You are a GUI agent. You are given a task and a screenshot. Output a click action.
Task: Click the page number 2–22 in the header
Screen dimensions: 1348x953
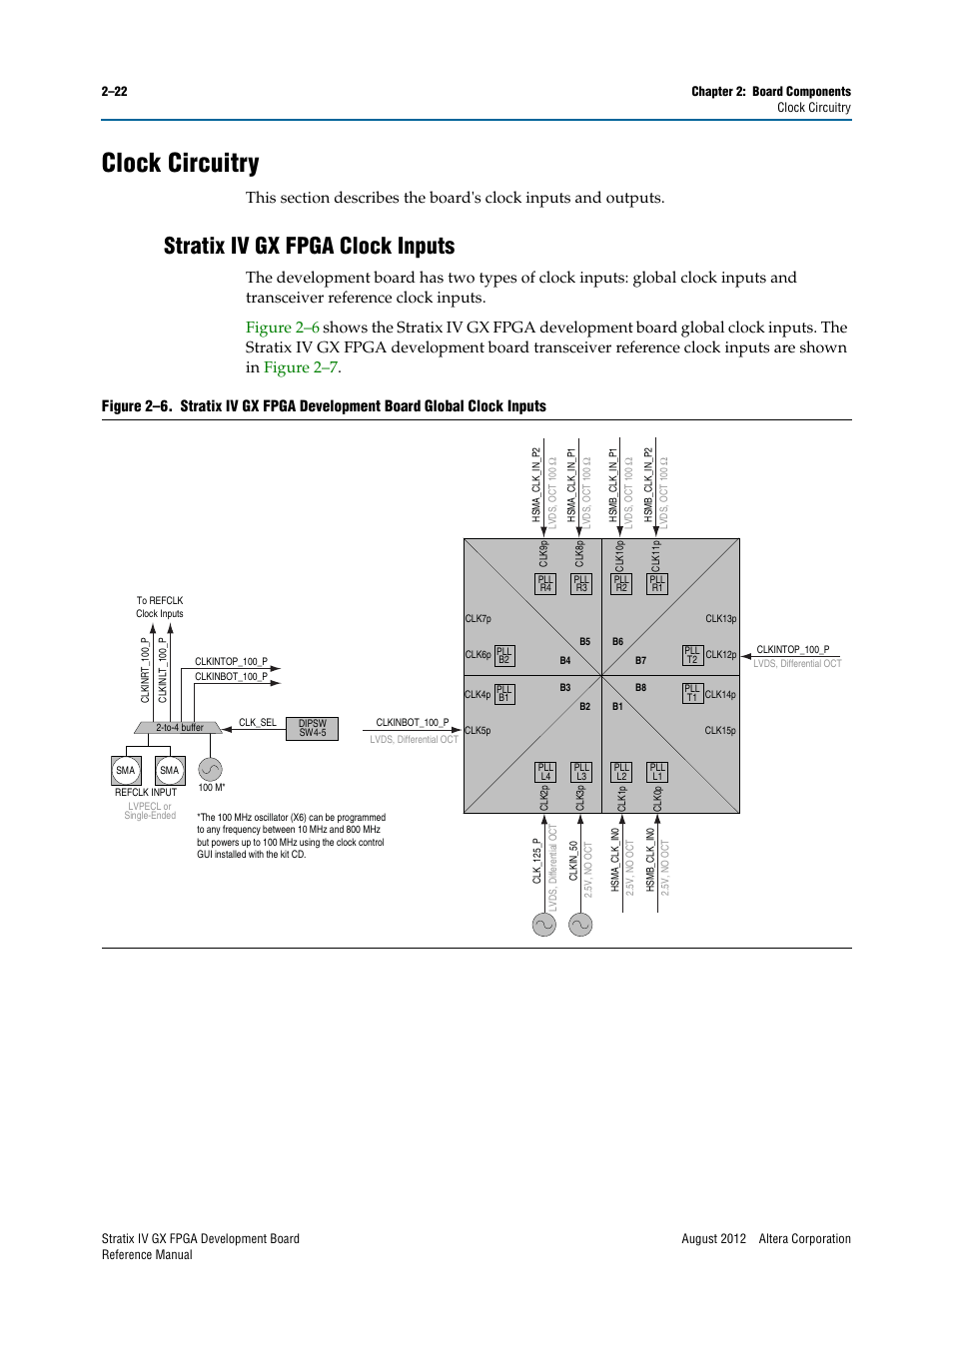(x=114, y=91)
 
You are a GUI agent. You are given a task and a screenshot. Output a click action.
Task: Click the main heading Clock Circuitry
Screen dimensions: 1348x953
(x=180, y=163)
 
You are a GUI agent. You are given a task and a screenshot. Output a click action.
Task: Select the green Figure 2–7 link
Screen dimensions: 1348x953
(x=301, y=367)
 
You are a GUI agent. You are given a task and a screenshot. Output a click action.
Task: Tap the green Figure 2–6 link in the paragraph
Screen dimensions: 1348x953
(x=282, y=328)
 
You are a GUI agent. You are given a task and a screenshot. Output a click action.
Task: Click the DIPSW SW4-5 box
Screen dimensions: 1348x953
(x=312, y=728)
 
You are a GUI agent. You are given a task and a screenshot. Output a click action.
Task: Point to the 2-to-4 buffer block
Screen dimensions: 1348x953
(x=179, y=728)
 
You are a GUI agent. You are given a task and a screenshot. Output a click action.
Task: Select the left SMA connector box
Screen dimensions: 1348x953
(x=126, y=770)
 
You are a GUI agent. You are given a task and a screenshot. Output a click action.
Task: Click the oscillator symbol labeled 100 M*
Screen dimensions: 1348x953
(x=210, y=769)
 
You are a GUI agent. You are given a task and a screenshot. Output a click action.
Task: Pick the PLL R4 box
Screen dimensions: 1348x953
(x=545, y=584)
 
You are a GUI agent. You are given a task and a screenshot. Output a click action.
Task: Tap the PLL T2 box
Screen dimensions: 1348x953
(x=692, y=655)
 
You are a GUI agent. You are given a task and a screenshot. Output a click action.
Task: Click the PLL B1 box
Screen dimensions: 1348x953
(x=504, y=694)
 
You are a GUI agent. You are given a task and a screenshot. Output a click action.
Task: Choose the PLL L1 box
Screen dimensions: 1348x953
(x=657, y=772)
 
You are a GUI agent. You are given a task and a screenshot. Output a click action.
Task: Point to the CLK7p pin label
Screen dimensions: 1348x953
(x=477, y=619)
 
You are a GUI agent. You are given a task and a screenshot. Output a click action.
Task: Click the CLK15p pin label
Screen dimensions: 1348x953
(x=720, y=731)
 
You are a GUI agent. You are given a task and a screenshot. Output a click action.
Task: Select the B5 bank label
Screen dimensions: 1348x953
(x=584, y=642)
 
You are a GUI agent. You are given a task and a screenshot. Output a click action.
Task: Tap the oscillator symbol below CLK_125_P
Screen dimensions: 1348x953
(x=543, y=925)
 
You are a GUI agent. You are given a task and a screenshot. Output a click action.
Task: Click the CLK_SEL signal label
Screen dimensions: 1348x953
(x=257, y=722)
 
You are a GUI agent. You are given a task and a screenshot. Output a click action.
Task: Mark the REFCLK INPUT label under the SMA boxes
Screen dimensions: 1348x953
(x=146, y=793)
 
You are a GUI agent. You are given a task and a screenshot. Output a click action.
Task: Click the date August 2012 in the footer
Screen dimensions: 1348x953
(x=713, y=1239)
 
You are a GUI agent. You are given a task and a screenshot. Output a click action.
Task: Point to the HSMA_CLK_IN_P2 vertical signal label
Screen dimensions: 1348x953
(x=535, y=485)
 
